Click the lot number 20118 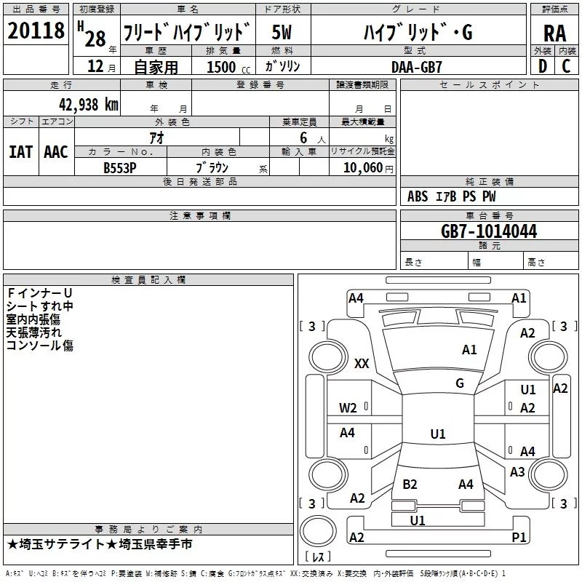pos(36,31)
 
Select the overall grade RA pos(554,33)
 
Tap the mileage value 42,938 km pos(88,105)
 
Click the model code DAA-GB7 pos(417,67)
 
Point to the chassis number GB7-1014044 pos(489,231)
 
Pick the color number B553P pos(120,168)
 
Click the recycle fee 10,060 pos(362,167)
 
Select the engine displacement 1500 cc pos(228,67)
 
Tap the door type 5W pos(282,32)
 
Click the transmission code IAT pos(21,152)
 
